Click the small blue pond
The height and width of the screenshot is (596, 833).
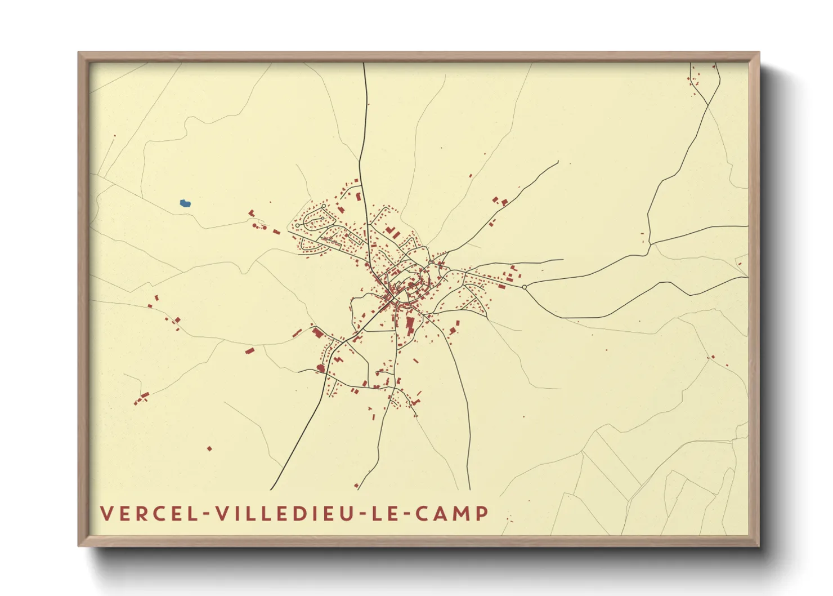coord(185,203)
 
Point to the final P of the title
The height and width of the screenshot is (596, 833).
coord(482,514)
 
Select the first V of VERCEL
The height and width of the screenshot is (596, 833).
coord(106,514)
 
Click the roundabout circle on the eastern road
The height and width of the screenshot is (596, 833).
coord(525,287)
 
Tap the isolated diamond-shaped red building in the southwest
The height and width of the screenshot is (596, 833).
coord(209,449)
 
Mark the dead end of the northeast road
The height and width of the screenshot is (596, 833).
coord(558,162)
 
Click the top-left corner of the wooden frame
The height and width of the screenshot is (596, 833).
coord(79,53)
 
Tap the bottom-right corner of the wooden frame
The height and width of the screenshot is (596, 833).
coord(759,545)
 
